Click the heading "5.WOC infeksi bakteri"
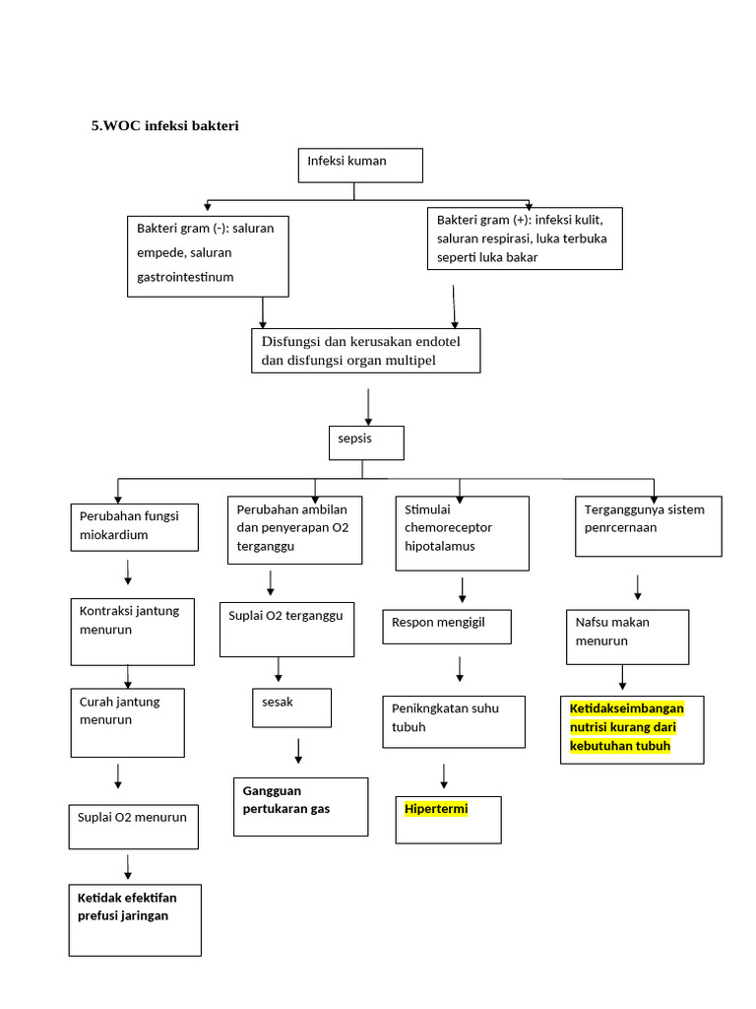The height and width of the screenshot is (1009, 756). (x=165, y=126)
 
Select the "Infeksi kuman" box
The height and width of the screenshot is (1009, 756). (x=360, y=166)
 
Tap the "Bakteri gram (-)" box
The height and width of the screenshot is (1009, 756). (x=208, y=256)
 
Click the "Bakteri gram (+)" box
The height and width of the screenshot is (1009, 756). (x=524, y=237)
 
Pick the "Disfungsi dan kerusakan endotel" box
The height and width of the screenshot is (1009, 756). (x=366, y=351)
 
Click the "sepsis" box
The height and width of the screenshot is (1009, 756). (x=365, y=442)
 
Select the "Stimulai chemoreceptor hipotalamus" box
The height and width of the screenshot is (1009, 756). (x=462, y=533)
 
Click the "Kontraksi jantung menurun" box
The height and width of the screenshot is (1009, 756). (x=133, y=631)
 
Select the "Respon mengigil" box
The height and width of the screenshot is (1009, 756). (x=446, y=627)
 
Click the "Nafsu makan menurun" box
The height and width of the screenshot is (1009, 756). (x=627, y=637)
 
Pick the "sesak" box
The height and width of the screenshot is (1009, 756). (x=290, y=707)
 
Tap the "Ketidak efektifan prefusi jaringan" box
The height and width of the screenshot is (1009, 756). (x=135, y=919)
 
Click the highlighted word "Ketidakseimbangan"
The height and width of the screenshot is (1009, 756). (x=626, y=708)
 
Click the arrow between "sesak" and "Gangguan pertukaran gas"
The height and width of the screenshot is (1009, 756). (x=298, y=750)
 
